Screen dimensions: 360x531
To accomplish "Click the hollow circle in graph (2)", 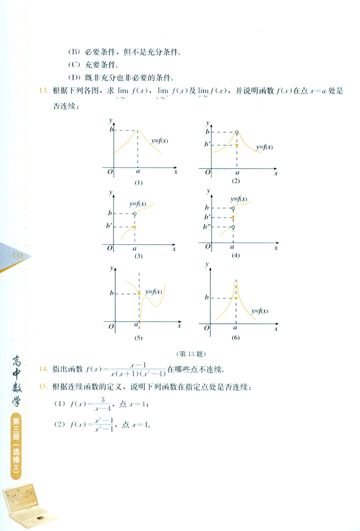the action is [237, 132].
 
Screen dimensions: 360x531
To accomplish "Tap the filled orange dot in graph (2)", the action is [237, 145].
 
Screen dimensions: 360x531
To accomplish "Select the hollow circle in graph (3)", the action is [135, 213].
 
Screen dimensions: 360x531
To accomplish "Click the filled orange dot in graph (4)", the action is [233, 218].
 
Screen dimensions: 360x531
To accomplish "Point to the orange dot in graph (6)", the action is [236, 298].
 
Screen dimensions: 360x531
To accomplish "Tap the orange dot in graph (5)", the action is [138, 293].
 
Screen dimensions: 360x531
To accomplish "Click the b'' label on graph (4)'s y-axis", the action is [207, 227].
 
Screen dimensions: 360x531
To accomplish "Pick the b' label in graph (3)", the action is [111, 226].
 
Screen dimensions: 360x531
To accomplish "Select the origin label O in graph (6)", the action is [207, 328].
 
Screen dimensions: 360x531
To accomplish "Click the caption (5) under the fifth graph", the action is [138, 337].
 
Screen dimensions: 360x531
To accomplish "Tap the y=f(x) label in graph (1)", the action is [158, 141].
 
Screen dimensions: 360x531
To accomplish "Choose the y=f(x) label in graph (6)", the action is [259, 311].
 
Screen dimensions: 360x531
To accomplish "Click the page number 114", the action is [16, 255].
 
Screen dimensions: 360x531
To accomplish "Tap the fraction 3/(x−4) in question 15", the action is [100, 404].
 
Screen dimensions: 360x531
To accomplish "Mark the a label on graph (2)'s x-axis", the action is [237, 173].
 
